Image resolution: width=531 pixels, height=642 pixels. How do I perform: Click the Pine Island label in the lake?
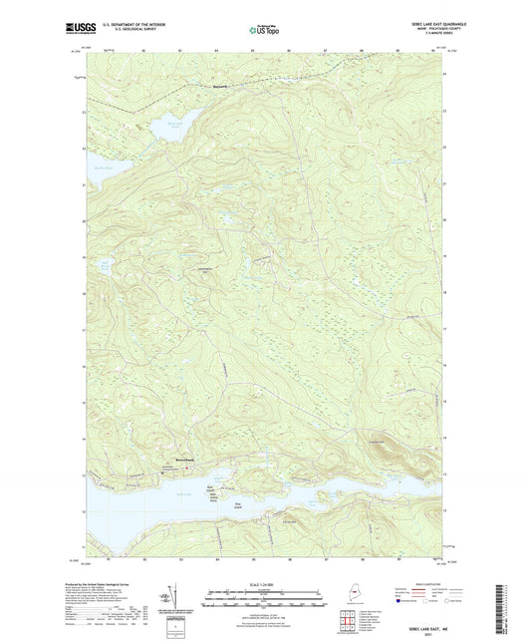[x=238, y=503]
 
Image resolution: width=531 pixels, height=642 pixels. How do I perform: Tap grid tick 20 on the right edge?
[x=446, y=220]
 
